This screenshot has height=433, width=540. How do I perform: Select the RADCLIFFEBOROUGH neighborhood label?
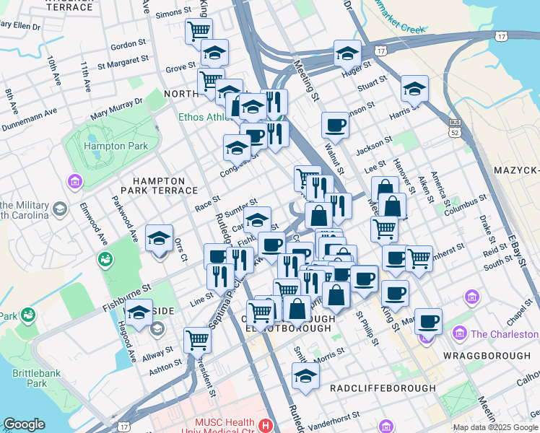[383, 388]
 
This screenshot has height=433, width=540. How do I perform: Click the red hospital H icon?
[267, 426]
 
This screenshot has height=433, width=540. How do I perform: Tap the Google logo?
[24, 424]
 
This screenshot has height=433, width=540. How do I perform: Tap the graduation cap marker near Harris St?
[414, 89]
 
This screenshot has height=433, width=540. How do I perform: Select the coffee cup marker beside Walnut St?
[335, 126]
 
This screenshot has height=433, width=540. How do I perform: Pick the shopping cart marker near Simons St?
[198, 31]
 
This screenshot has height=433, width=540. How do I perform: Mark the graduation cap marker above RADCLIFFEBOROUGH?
[305, 375]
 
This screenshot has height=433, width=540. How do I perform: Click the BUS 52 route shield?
[453, 128]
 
